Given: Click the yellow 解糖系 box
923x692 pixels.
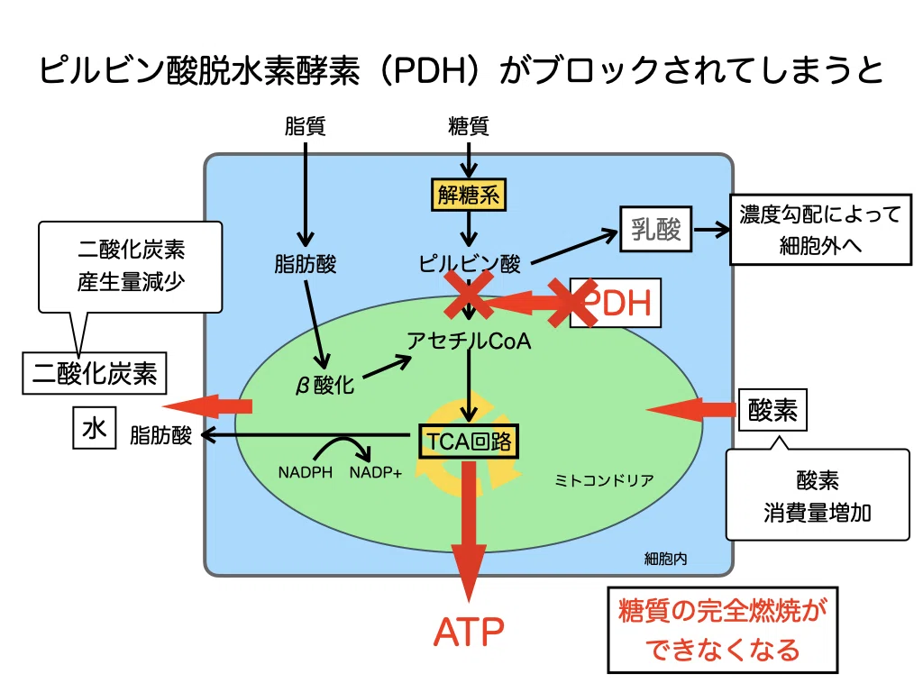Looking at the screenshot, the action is coord(469,195).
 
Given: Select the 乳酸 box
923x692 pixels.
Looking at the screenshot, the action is coord(656,229).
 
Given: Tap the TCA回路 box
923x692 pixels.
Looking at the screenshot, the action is coord(469,442).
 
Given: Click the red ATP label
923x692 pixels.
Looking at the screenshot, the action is coord(469,632).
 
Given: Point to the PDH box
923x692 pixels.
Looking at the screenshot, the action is coord(616,303).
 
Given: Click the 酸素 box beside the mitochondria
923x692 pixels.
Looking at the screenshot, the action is coord(772,410).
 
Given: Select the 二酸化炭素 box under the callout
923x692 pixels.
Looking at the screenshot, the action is coord(94,373).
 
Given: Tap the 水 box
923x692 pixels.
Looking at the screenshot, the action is coord(94,428).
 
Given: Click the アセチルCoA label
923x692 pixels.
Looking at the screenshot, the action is coord(469,341).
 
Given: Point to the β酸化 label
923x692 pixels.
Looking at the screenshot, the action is coord(324,386).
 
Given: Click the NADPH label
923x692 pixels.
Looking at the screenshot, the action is coord(305,472).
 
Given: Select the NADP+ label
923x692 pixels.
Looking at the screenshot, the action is coord(376,472).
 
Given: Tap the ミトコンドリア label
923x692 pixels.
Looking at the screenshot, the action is coord(604,481).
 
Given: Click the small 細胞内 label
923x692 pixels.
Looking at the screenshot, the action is coord(665,559).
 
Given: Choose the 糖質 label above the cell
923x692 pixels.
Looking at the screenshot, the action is coord(469,126).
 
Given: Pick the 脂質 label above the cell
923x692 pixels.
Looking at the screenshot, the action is coord(305,126).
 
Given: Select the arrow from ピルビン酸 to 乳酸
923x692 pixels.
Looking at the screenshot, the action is coord(574,248).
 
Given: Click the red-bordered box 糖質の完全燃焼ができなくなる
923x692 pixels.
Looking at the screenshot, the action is coord(723,630).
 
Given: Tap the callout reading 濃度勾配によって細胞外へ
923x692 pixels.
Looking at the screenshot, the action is coord(820,230).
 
